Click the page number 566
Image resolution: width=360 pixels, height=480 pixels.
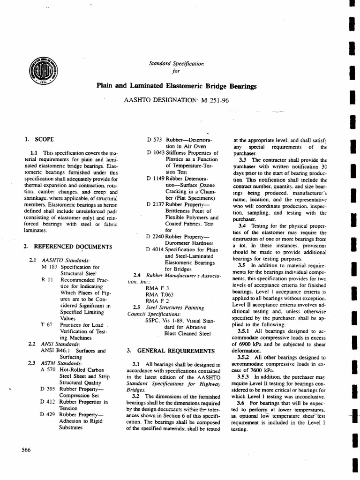[26, 450]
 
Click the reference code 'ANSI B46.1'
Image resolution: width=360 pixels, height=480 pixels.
[56, 350]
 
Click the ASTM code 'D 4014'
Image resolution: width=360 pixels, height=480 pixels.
[155, 249]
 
